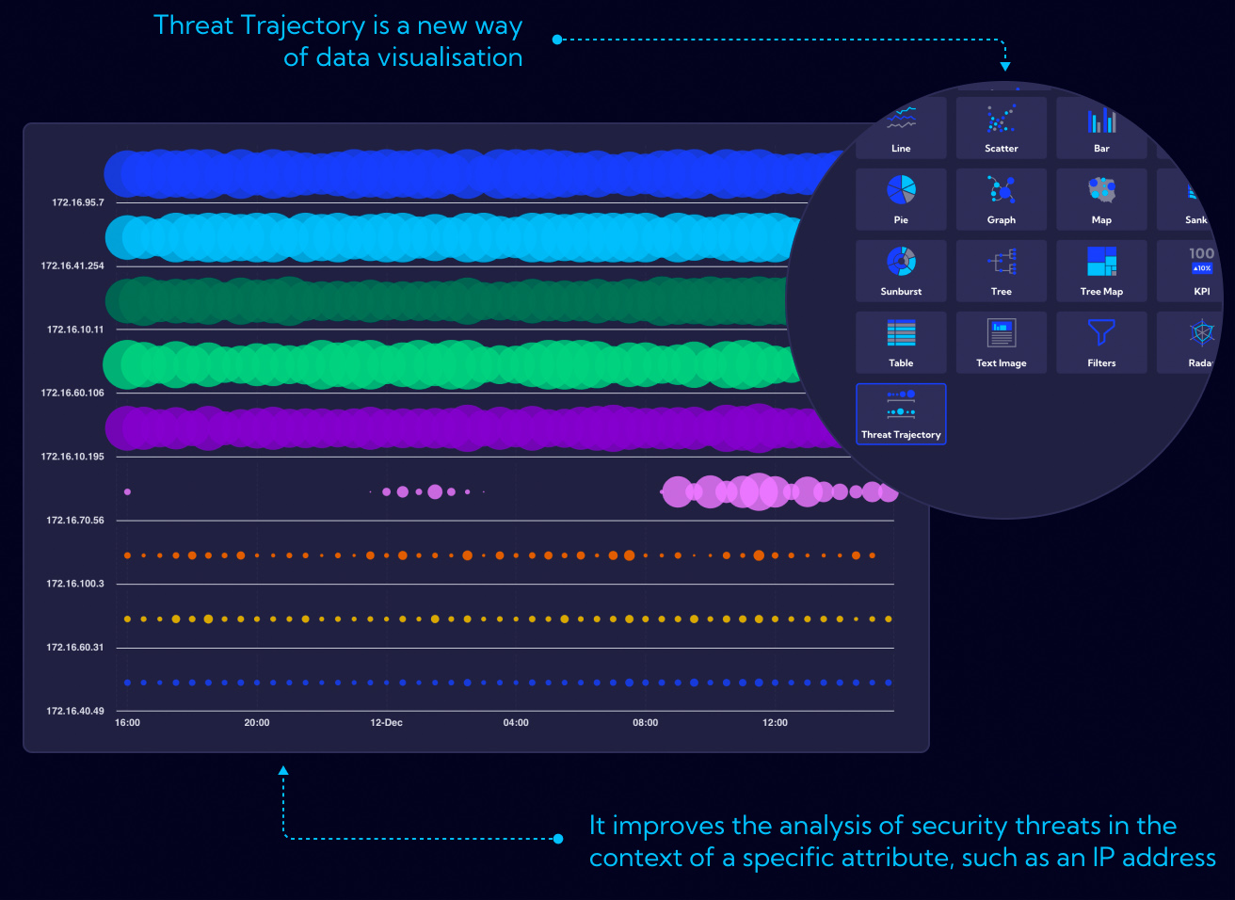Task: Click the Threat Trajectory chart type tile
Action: (901, 414)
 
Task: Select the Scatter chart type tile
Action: (1001, 128)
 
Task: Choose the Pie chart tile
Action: (901, 199)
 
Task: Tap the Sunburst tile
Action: (901, 270)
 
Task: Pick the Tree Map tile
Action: (1101, 270)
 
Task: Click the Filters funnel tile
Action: (1101, 342)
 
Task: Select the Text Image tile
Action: (1001, 342)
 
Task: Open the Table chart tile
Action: (901, 342)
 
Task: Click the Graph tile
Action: (1001, 199)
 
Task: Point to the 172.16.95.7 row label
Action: (78, 202)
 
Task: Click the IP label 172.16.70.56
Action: (75, 521)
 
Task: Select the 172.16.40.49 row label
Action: (75, 711)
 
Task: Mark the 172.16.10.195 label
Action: (72, 457)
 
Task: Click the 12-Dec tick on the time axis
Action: (386, 723)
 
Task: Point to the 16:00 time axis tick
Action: (127, 723)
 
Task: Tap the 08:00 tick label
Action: (645, 723)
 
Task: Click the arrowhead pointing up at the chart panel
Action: (283, 771)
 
